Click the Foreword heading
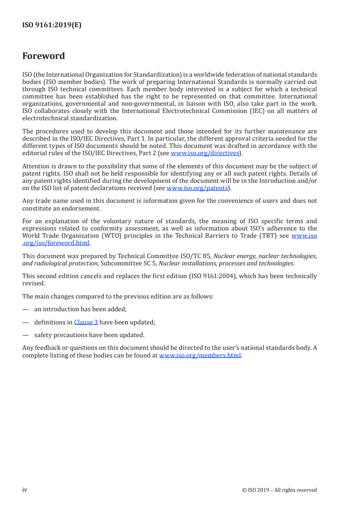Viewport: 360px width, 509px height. tap(44, 56)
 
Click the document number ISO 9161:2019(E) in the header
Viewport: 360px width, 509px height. tap(52, 25)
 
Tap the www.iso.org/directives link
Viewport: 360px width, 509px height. tap(205, 153)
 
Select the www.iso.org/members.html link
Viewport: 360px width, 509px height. tap(200, 356)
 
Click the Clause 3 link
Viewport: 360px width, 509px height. tap(86, 322)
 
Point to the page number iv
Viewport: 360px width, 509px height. tap(25, 489)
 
